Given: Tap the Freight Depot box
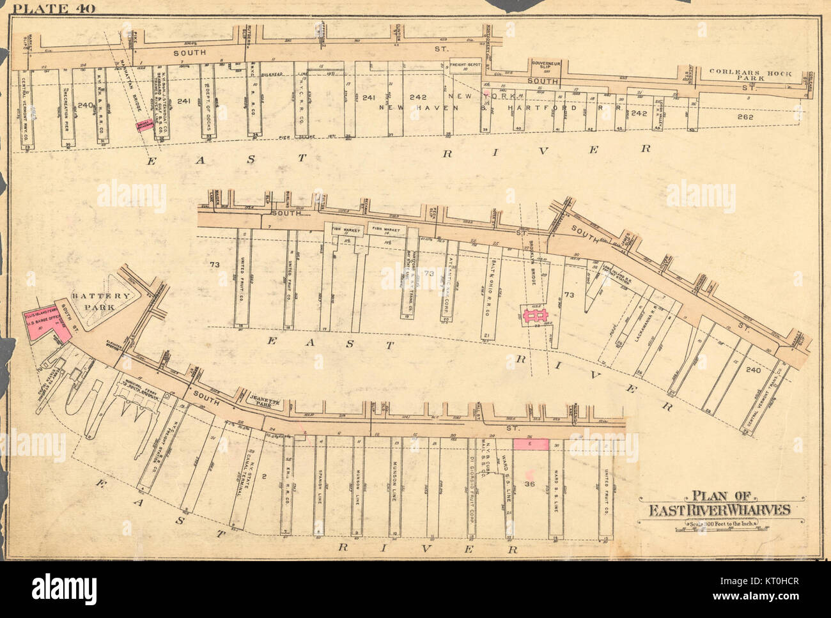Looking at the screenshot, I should (x=465, y=65).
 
